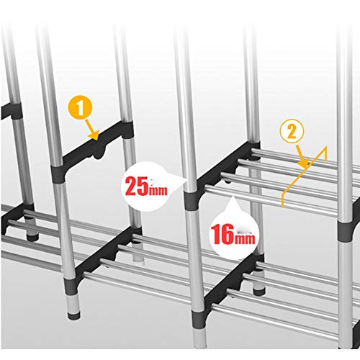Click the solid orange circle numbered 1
(80, 109)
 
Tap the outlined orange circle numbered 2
(292, 131)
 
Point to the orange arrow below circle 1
(93, 130)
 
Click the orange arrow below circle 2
(302, 156)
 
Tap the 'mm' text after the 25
(158, 190)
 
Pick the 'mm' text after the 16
(246, 238)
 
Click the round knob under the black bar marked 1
(99, 155)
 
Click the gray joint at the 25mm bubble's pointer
(192, 199)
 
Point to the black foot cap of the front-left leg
(73, 315)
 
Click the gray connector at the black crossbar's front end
(58, 174)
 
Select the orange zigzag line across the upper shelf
(304, 176)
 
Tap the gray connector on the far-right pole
(346, 231)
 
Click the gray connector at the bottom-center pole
(199, 320)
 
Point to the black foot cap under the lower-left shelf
(32, 237)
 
